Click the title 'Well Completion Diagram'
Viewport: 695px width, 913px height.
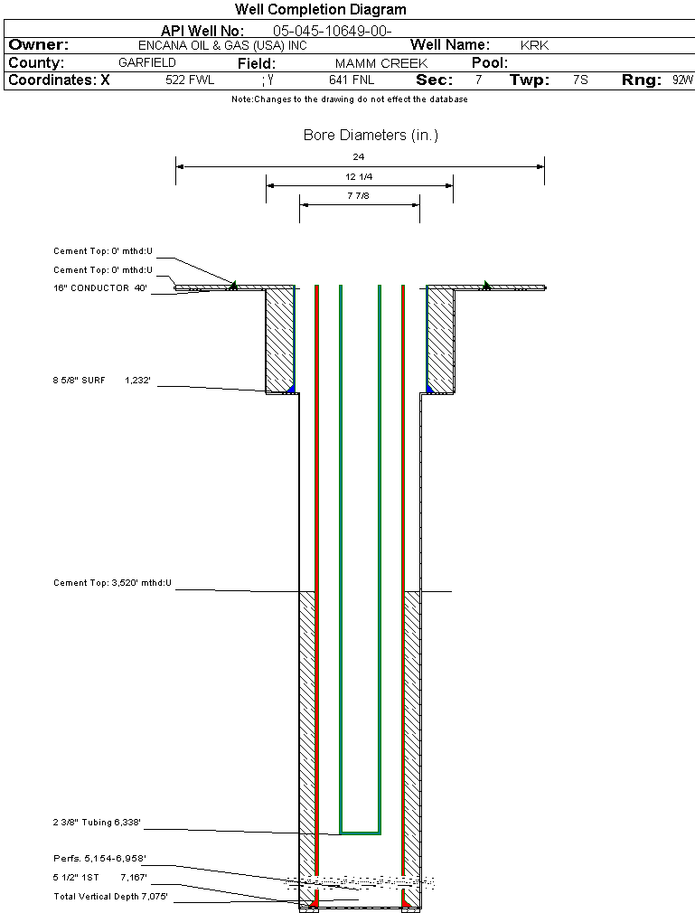coord(321,10)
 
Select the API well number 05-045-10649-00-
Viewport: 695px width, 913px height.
coord(333,31)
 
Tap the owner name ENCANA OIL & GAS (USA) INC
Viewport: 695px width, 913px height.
coord(222,45)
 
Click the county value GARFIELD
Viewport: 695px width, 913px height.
coord(147,63)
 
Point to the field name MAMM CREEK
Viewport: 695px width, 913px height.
coord(381,63)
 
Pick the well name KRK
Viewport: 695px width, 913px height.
coord(534,45)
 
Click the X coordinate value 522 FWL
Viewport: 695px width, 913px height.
coord(190,80)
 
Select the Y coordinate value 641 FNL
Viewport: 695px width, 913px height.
coord(352,80)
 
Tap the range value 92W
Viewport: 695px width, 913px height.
coord(682,80)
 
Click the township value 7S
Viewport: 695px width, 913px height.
coord(580,80)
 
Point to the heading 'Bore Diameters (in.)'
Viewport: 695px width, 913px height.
coord(371,135)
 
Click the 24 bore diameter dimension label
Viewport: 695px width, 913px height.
coord(359,156)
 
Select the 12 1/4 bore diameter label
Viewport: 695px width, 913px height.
coord(359,176)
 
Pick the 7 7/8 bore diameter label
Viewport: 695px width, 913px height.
coord(359,195)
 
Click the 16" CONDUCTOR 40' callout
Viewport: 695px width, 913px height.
coord(100,287)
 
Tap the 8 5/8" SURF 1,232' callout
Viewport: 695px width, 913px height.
coord(102,381)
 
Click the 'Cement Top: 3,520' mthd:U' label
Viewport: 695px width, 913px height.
coord(112,583)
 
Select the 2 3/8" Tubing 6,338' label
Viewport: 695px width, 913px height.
coord(97,823)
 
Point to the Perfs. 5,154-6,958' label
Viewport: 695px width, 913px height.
coord(99,858)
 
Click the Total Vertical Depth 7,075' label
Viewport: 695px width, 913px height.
coord(110,896)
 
